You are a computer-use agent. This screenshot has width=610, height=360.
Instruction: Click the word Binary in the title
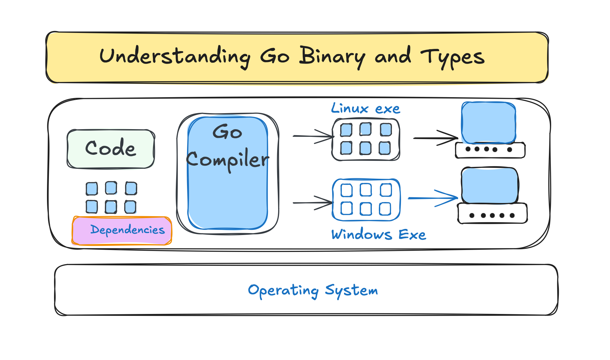(332, 57)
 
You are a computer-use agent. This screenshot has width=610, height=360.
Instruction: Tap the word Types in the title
(452, 58)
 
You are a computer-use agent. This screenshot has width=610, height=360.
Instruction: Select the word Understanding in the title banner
(175, 57)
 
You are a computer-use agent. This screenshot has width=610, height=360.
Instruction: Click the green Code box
(111, 149)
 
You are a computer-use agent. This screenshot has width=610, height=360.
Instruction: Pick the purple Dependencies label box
(122, 231)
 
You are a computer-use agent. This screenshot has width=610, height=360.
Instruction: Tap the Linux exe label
(365, 109)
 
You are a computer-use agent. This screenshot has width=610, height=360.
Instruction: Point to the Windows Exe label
(379, 235)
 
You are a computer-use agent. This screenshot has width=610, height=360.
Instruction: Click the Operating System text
(313, 290)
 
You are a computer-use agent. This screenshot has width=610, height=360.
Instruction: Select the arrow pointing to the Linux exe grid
(313, 137)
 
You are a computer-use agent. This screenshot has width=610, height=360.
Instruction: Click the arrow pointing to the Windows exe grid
(313, 203)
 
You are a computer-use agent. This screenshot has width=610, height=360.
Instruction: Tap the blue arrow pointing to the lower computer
(433, 198)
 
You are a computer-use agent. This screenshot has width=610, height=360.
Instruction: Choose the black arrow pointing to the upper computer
(436, 138)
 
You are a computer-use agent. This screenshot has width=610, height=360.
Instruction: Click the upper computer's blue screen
(489, 122)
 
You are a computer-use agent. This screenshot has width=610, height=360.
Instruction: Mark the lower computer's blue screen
(489, 185)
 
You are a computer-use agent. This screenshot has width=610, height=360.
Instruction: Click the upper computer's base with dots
(490, 150)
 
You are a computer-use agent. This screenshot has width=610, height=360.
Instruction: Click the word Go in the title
(275, 57)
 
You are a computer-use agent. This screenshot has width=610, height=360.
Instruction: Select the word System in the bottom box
(351, 290)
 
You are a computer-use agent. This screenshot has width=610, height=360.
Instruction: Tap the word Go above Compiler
(227, 132)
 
